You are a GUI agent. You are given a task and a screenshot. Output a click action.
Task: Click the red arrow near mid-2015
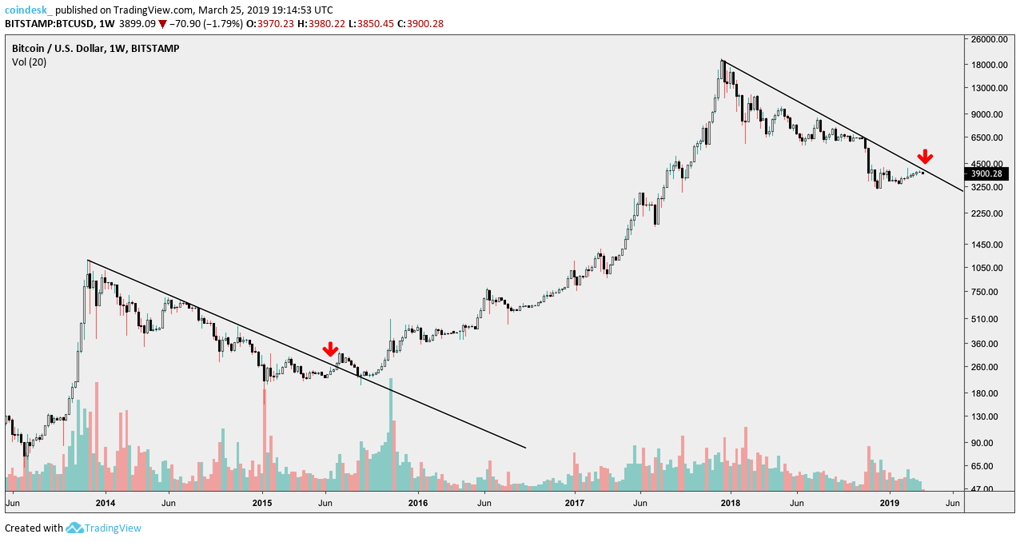pos(330,349)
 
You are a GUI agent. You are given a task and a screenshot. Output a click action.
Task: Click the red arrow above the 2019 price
pos(925,157)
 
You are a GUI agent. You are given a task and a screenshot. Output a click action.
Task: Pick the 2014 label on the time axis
pos(105,504)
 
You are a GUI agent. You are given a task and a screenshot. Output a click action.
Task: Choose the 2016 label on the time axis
pos(417,504)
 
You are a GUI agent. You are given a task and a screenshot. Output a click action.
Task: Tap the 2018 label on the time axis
pos(729,504)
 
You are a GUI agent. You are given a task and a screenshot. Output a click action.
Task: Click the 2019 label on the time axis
pos(890,504)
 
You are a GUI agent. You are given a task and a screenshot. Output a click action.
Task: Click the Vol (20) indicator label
pos(29,62)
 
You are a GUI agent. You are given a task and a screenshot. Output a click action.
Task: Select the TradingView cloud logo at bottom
pos(75,528)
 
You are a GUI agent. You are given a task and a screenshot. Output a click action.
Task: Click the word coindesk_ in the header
pos(29,10)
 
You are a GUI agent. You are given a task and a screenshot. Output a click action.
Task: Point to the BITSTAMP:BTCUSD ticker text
pos(47,24)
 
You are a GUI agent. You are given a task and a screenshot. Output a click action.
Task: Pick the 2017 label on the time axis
pos(574,504)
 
